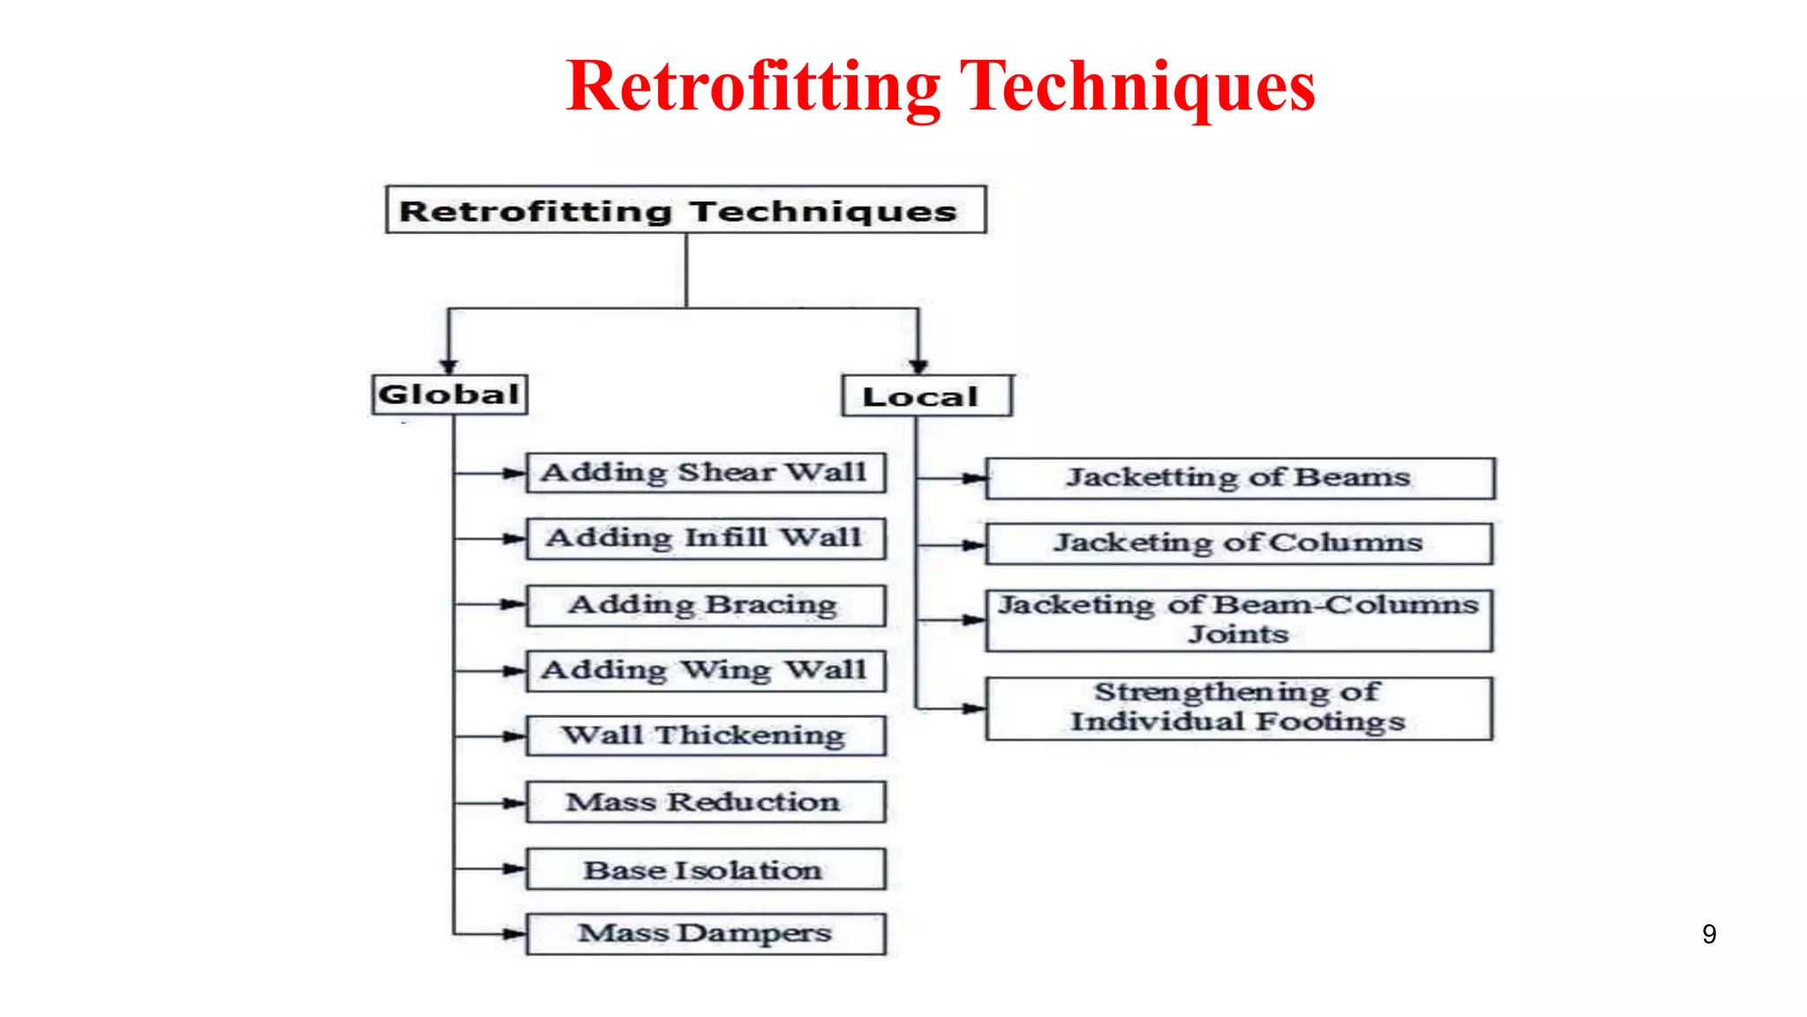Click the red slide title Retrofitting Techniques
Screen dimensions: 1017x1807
point(941,87)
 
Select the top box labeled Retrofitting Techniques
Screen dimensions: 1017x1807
point(686,210)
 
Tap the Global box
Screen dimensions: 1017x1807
point(449,395)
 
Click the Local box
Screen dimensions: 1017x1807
point(926,396)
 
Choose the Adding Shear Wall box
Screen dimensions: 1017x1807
point(705,472)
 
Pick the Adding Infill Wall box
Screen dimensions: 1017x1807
point(705,539)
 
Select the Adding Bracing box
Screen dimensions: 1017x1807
point(705,606)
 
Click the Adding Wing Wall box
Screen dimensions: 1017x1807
point(705,671)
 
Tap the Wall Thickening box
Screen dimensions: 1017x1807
point(705,735)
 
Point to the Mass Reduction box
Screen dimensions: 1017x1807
point(705,802)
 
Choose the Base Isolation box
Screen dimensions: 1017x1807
point(705,870)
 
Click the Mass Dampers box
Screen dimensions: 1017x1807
point(705,934)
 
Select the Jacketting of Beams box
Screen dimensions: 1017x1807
point(1239,478)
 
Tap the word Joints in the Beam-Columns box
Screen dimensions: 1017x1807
point(1238,635)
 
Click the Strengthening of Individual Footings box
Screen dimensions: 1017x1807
point(1239,708)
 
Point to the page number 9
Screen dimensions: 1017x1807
point(1709,934)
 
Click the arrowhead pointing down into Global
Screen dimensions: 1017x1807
point(449,365)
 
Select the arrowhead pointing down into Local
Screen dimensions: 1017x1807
point(918,365)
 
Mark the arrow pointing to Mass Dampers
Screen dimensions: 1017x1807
point(512,934)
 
